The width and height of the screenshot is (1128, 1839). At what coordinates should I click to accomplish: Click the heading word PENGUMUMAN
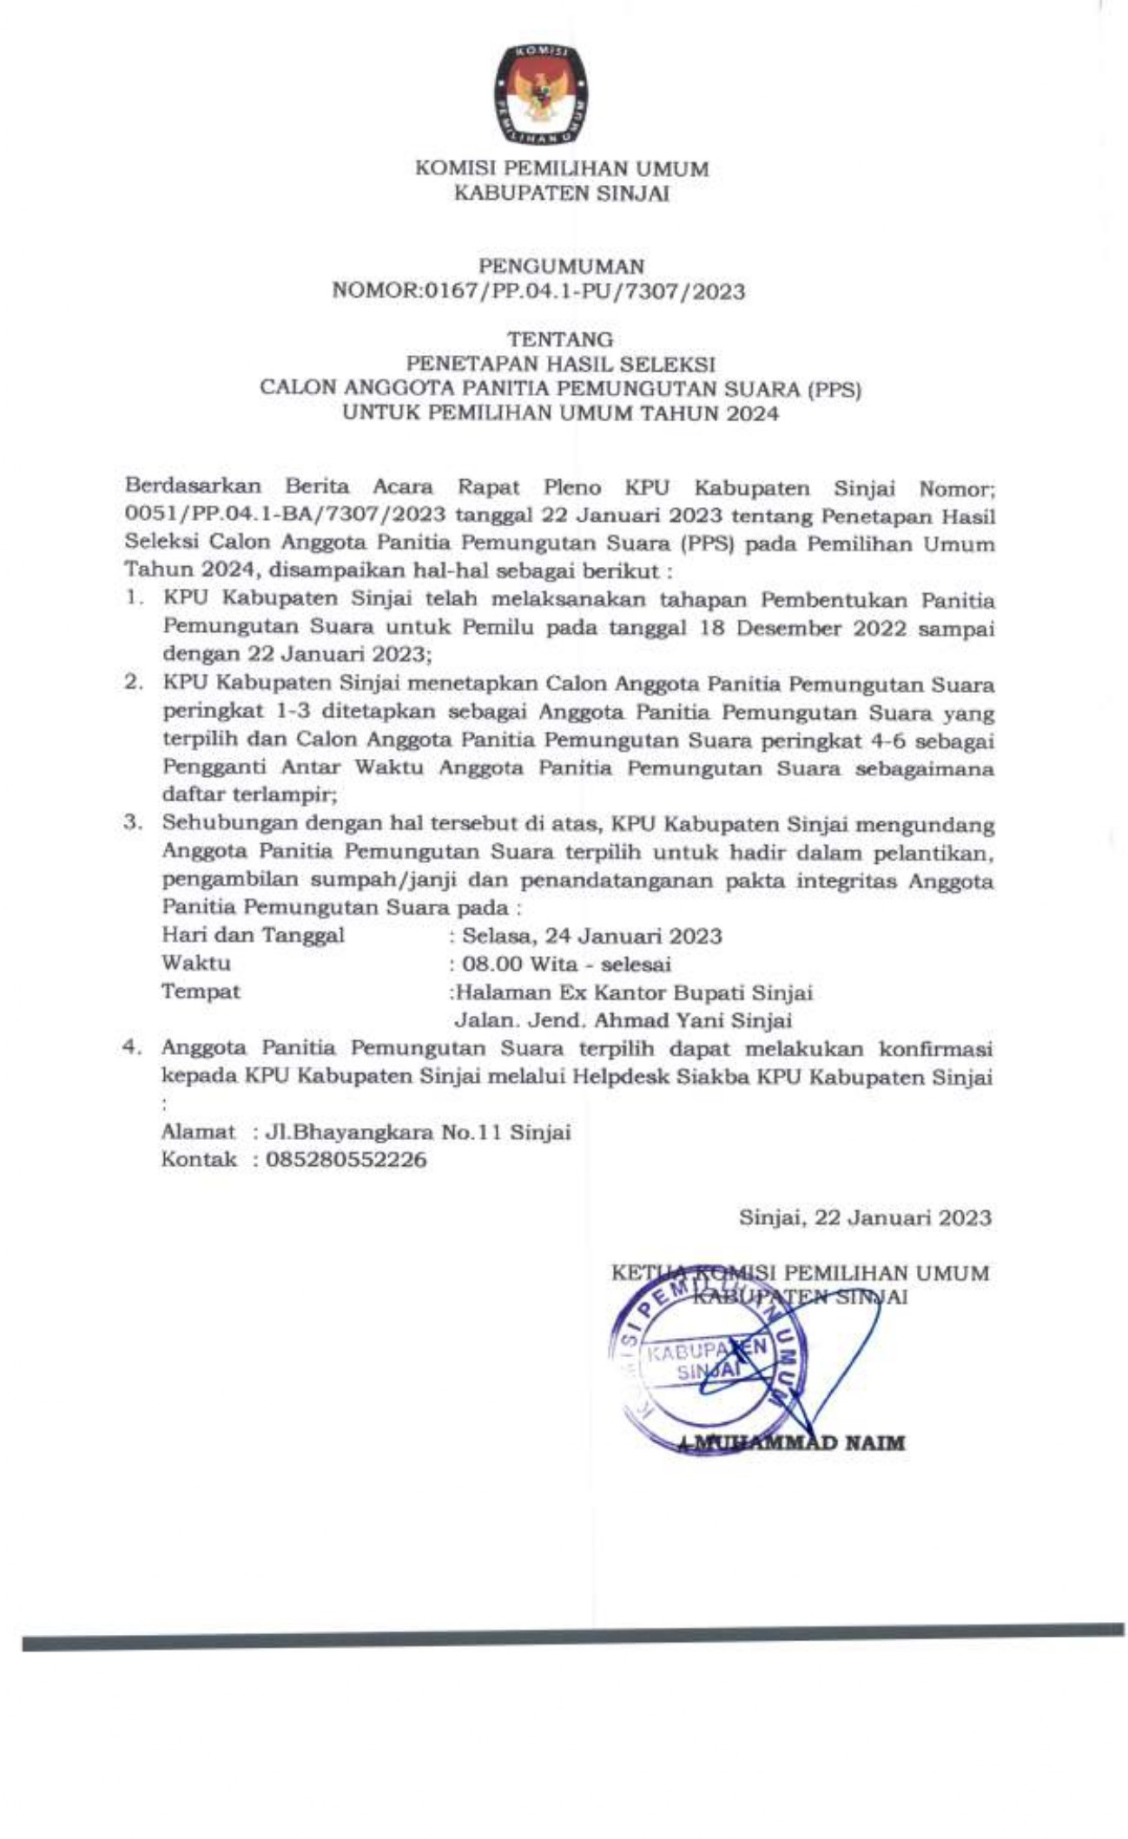tap(562, 265)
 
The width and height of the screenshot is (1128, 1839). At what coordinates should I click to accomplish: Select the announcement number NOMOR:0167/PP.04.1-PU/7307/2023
tap(538, 292)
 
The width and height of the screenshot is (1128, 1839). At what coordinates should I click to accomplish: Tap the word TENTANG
tap(561, 338)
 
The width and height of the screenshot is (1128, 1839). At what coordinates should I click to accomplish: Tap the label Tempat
tap(201, 991)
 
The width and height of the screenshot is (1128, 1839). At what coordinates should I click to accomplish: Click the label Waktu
tap(196, 963)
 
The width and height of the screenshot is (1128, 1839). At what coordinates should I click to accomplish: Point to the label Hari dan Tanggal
tap(253, 935)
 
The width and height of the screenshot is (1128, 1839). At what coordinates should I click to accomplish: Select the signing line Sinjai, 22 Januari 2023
tap(864, 1217)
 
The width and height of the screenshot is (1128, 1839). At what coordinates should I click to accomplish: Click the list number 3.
tap(133, 823)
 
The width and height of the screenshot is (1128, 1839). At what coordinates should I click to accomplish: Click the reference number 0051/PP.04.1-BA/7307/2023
tap(286, 515)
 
